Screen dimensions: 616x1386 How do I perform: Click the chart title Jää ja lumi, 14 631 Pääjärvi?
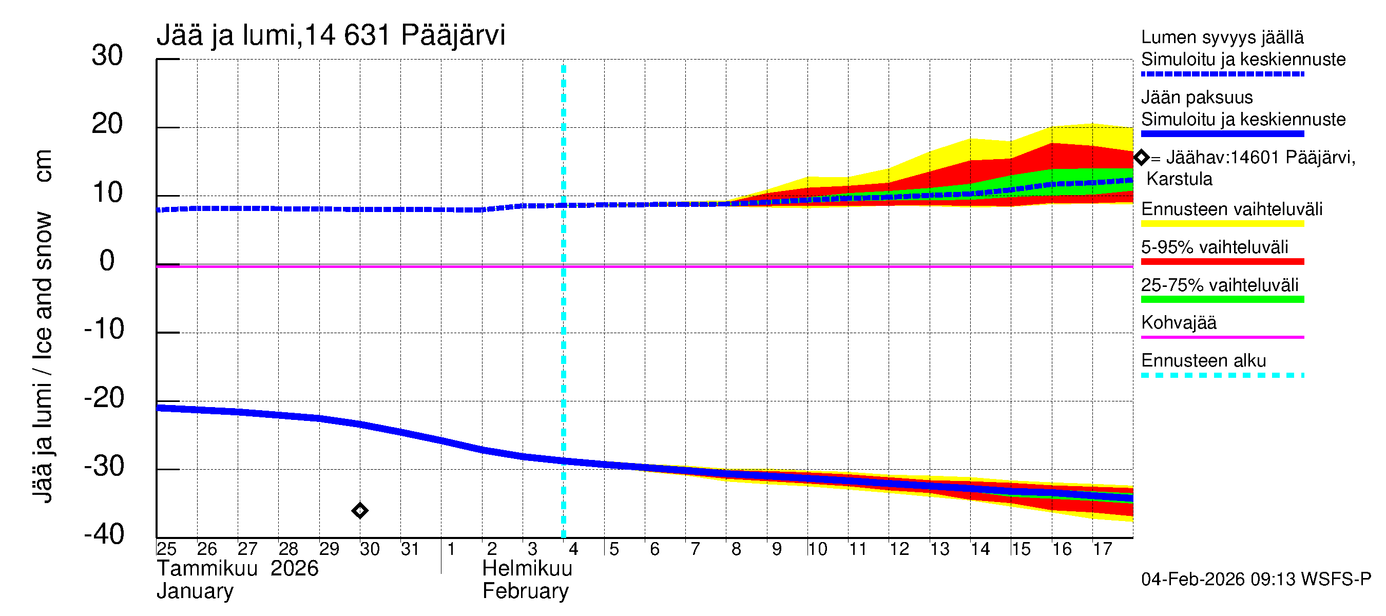pos(331,35)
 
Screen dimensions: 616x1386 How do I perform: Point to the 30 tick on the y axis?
pos(107,55)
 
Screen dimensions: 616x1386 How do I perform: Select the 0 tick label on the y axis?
pos(107,261)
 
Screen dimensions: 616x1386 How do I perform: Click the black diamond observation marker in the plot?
pos(360,510)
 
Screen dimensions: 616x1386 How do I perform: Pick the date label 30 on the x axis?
pos(370,549)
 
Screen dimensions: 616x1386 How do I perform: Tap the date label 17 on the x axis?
pos(1103,549)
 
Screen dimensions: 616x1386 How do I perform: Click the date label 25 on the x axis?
pos(166,549)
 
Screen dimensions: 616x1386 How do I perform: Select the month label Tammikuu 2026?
pos(237,569)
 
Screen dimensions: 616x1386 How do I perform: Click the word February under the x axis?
pos(525,591)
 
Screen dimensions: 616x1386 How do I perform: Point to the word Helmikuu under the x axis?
pos(527,569)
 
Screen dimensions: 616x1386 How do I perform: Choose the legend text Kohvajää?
pos(1178,323)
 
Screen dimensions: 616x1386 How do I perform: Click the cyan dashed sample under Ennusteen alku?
pos(1222,375)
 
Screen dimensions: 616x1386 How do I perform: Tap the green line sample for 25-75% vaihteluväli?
pos(1222,300)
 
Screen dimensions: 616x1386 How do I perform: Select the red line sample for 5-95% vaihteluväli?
pos(1222,262)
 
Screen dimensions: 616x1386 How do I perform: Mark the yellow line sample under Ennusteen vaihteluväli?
pos(1222,224)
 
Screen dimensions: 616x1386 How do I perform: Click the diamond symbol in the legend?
pos(1141,158)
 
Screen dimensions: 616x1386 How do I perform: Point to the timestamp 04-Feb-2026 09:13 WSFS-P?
pos(1256,580)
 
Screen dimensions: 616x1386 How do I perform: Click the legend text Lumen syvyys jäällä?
pos(1222,37)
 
